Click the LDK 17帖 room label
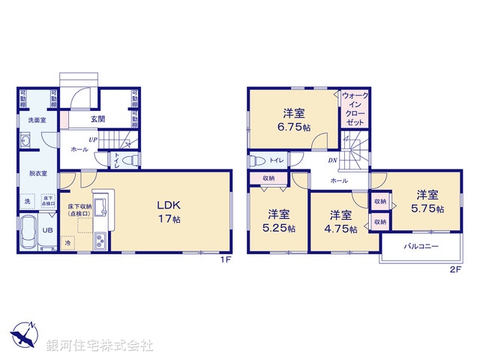tap(169, 211)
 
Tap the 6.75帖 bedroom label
tap(293, 121)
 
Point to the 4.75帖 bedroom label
tap(340, 221)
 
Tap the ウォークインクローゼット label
tap(354, 108)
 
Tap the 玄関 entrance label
tap(98, 118)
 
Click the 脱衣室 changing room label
tap(28, 173)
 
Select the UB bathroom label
tap(46, 231)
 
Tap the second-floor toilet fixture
tap(256, 160)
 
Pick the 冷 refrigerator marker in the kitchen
tap(67, 244)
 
